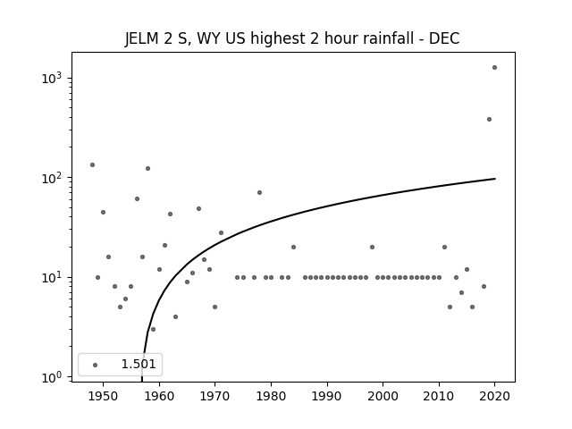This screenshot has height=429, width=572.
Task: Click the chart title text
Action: [292, 38]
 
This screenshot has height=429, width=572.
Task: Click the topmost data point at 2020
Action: [494, 68]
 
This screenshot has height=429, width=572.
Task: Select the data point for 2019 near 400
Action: [489, 119]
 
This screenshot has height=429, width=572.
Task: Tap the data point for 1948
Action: [92, 164]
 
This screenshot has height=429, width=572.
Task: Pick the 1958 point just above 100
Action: [147, 169]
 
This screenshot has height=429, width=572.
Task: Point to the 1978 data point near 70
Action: [259, 193]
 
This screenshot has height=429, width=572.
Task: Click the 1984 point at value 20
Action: [293, 247]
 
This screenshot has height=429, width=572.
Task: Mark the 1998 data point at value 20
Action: [372, 247]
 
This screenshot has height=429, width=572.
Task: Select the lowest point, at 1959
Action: [153, 330]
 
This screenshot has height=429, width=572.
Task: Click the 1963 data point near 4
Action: [175, 316]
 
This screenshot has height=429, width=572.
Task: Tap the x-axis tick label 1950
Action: [103, 396]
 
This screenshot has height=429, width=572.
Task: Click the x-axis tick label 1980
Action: [271, 396]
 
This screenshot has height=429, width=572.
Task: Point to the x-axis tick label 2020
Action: [494, 396]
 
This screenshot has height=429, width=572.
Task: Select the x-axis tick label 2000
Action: [383, 396]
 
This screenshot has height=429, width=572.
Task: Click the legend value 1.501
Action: [139, 364]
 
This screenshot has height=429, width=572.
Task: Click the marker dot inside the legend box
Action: [95, 365]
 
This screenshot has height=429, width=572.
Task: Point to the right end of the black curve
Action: [495, 179]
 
